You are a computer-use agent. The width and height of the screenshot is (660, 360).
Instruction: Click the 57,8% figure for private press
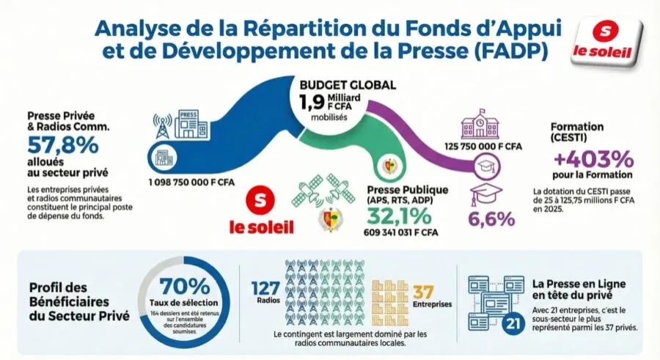(x=62, y=144)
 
